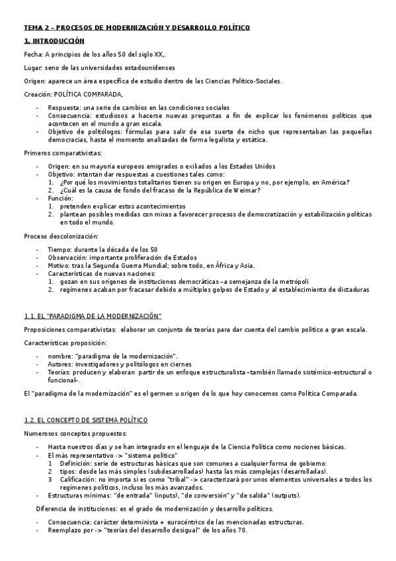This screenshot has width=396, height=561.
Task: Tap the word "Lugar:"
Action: coord(34,68)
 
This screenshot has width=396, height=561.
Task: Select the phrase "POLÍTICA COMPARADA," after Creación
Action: coord(89,95)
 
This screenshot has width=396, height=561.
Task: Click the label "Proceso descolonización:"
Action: coord(61,236)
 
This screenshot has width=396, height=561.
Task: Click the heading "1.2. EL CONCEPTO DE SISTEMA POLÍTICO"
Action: coord(86,421)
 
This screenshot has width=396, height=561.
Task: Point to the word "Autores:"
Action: coord(61,363)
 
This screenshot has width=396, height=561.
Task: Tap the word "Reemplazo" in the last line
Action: coord(65,530)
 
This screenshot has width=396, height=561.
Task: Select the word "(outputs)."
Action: coord(284,495)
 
